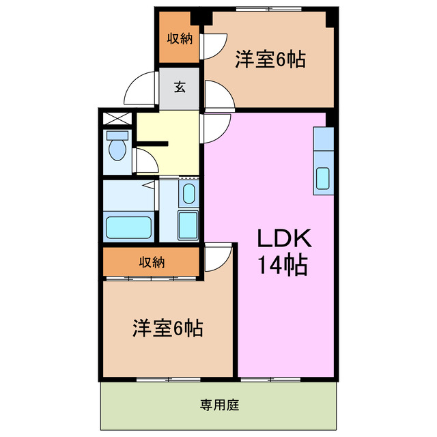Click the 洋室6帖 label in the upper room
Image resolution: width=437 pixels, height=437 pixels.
click(270, 59)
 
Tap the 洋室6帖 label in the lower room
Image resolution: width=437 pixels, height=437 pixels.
click(167, 328)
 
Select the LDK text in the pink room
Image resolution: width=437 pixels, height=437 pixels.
click(283, 238)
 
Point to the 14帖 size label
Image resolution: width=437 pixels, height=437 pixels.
click(282, 263)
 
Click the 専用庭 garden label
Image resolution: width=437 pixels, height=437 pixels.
click(219, 405)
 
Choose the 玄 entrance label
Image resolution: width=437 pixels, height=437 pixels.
click(179, 87)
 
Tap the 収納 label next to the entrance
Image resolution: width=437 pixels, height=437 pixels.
click(180, 38)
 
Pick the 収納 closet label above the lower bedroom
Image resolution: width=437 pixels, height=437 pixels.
click(152, 262)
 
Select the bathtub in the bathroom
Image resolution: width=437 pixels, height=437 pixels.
click(128, 226)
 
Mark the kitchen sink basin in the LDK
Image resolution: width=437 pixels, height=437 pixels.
click(323, 178)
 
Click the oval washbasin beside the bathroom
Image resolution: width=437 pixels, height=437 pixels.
click(188, 193)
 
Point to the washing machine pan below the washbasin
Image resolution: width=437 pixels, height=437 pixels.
click(187, 224)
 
